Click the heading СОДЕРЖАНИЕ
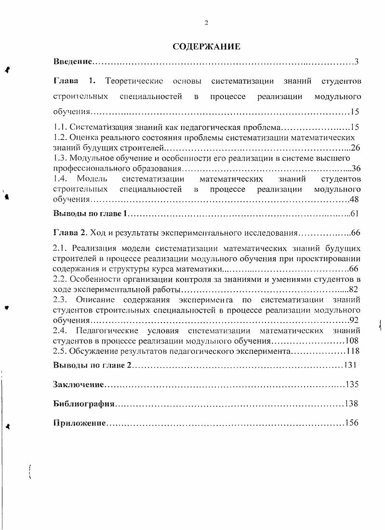point(206,47)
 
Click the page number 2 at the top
point(206,23)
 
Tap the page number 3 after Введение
point(357,62)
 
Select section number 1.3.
point(59,158)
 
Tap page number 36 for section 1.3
point(356,168)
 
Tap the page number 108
point(351,341)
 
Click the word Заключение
point(78,384)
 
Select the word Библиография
point(83,404)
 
